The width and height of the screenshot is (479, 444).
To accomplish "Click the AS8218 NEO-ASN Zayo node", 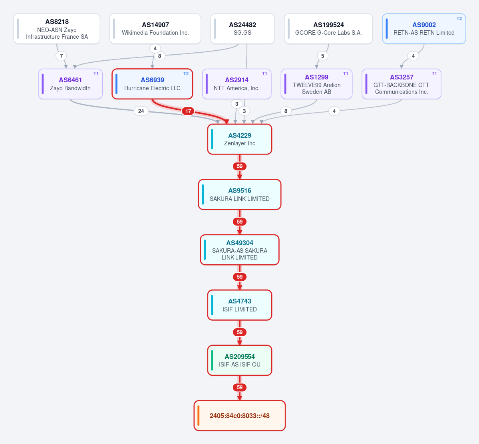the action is [57, 29].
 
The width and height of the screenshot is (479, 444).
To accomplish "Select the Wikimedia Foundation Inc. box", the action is [155, 29].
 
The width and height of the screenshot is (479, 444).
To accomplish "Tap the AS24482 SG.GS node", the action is [242, 29].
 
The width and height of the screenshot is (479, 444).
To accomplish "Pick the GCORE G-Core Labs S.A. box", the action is [328, 29].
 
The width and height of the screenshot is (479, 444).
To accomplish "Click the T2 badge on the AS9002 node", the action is [459, 19].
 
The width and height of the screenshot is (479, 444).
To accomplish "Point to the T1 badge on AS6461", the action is [96, 73].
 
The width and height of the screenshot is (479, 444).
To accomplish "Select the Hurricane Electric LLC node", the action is [152, 84].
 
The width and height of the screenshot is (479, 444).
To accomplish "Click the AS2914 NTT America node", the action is [237, 84].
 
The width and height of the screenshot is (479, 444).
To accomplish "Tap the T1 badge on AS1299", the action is [346, 73].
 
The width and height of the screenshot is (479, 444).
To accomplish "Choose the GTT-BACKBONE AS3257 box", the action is [401, 84].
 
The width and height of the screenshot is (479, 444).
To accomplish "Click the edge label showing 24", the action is [141, 111].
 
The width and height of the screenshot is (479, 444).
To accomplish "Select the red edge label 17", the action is [188, 111].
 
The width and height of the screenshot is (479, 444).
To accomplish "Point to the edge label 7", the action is [62, 56].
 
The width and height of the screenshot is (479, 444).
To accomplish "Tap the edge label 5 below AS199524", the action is [322, 56].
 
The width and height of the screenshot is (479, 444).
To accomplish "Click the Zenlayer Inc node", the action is [240, 139].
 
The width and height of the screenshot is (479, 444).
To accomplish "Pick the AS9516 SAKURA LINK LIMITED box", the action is [240, 194].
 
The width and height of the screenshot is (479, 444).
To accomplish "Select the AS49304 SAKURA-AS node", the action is [240, 250].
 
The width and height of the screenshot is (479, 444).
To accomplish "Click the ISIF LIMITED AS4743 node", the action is [240, 305].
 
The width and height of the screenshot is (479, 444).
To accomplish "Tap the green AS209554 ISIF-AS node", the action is [240, 360].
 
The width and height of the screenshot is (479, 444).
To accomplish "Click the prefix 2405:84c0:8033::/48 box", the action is [240, 416].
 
